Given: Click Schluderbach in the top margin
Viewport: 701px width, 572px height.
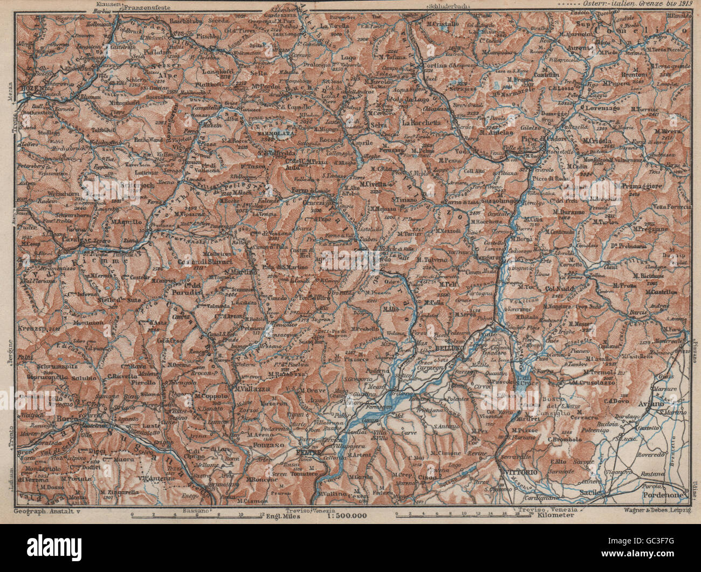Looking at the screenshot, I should tap(448, 6).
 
